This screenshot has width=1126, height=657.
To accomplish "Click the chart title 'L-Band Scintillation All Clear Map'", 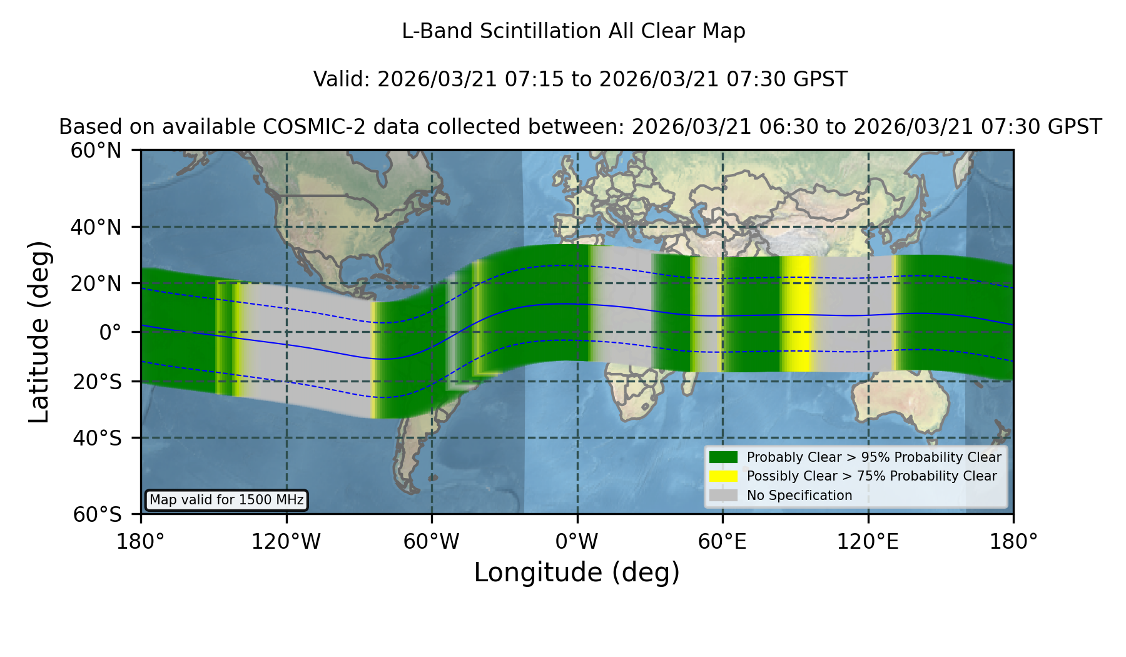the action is [x=573, y=31].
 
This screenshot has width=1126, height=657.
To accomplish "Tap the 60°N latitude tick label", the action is [x=96, y=151].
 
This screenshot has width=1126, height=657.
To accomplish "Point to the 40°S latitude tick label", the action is [x=97, y=438].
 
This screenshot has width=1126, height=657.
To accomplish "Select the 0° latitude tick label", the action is [x=110, y=332].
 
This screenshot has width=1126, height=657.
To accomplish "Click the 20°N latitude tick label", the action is [x=96, y=283].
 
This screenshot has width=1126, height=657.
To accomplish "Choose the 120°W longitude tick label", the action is [x=286, y=542].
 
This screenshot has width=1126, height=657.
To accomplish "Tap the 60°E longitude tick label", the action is [x=723, y=542].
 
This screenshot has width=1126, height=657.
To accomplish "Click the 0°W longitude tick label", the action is [x=577, y=542].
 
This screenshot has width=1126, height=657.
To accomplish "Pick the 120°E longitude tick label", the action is [x=868, y=542].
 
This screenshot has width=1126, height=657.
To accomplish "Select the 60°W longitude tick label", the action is [x=432, y=542].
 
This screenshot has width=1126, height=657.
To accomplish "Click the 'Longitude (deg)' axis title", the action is [x=577, y=573].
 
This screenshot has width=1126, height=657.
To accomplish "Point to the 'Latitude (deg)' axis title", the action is [x=39, y=332].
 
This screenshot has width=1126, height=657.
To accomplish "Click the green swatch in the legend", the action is [x=723, y=457].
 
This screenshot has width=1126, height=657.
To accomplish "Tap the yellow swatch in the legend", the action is [x=723, y=476].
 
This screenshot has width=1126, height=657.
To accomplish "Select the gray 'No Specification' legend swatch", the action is [x=723, y=496].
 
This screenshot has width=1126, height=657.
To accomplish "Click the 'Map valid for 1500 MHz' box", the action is [x=226, y=500].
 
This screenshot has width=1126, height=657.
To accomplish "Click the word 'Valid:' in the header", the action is [x=342, y=79].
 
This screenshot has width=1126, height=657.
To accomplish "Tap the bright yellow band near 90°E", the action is [x=796, y=314].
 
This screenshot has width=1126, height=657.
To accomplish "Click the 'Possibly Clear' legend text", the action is [x=791, y=476].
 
